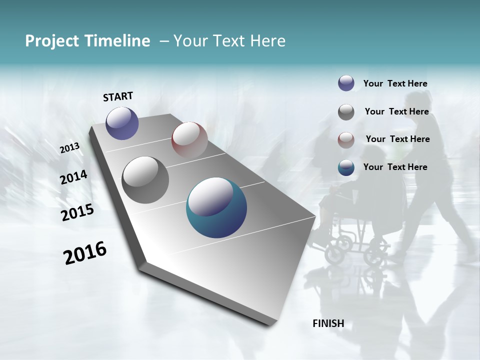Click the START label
[x=118, y=96]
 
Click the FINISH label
[x=328, y=323]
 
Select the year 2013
[x=70, y=147]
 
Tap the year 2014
[x=74, y=177]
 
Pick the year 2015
[x=77, y=212]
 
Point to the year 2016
[x=85, y=252]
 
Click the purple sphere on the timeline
[x=122, y=123]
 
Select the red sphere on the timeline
[x=189, y=139]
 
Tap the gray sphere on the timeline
[x=145, y=179]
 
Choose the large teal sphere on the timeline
[x=216, y=207]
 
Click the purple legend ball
[x=346, y=83]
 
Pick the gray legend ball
[x=346, y=111]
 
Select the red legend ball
[x=346, y=139]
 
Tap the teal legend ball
[x=346, y=167]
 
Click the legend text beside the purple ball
[x=395, y=83]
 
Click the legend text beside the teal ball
[x=395, y=167]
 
